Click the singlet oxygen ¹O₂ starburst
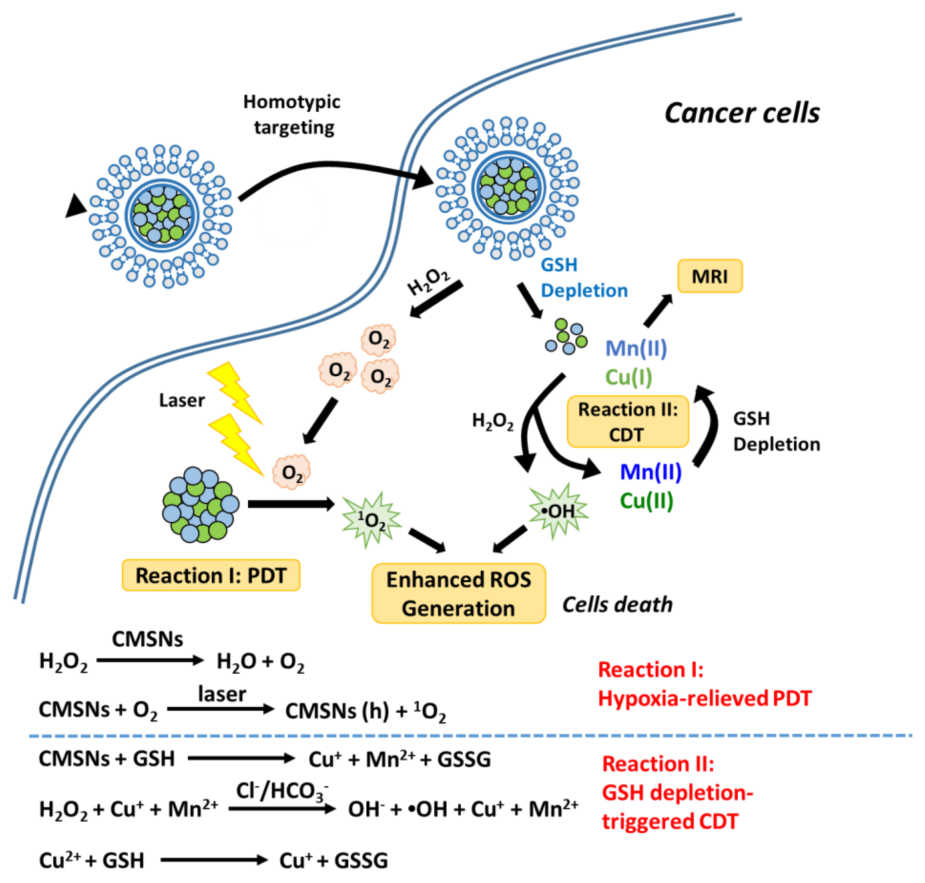click(371, 520)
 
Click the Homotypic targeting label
click(292, 114)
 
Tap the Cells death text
click(617, 604)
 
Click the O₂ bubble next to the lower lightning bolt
click(291, 472)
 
